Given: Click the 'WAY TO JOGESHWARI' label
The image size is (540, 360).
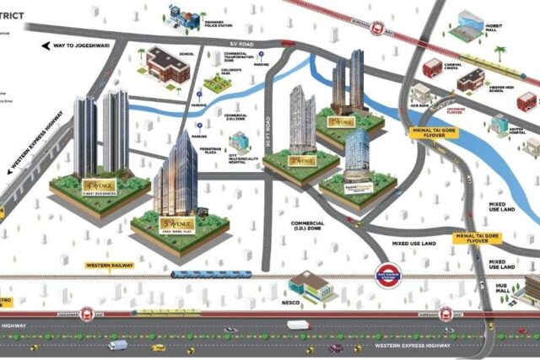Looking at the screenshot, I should (x=78, y=45).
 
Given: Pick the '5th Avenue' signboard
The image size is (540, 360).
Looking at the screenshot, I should (x=175, y=224).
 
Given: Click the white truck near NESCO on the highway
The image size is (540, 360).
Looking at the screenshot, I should (x=299, y=325).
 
